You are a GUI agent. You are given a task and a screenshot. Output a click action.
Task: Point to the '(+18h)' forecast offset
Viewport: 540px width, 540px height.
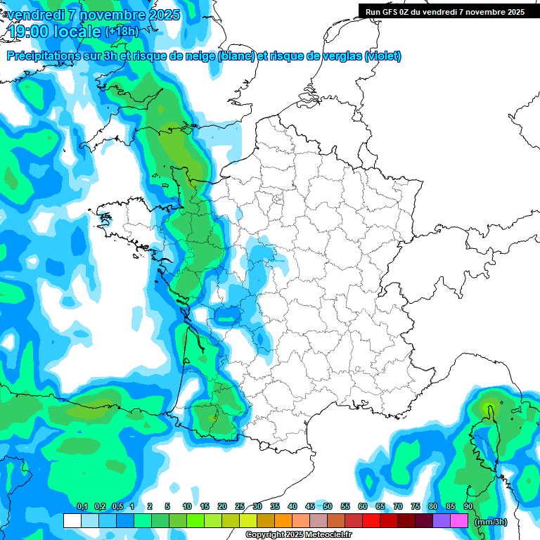tap(122, 32)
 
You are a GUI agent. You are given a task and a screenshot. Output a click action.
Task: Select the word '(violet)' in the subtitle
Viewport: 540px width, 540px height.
tap(383, 56)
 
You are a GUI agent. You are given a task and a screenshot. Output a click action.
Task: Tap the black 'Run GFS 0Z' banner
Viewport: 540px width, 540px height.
tap(444, 11)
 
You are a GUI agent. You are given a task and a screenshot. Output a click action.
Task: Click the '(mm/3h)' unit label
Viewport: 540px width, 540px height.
tap(490, 521)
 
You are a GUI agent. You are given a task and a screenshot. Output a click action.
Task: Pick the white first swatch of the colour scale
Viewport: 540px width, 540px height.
tap(72, 521)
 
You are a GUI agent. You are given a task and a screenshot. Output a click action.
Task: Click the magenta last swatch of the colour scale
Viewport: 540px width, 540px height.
tap(459, 521)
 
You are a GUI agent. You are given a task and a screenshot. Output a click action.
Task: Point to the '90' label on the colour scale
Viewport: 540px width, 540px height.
tap(468, 506)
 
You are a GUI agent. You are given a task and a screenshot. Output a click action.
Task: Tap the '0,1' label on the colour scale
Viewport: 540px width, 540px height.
tap(82, 506)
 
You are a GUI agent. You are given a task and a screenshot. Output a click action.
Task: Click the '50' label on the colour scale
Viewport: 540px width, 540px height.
tap(328, 506)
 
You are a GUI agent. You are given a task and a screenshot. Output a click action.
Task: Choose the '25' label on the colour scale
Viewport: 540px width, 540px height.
tap(240, 506)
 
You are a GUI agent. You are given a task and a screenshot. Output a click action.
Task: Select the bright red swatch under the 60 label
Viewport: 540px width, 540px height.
tap(371, 521)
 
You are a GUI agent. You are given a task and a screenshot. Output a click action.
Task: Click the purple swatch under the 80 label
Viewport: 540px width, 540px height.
tap(442, 521)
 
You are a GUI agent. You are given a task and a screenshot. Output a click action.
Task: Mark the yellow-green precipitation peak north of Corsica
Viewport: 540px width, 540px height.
tap(489, 407)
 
